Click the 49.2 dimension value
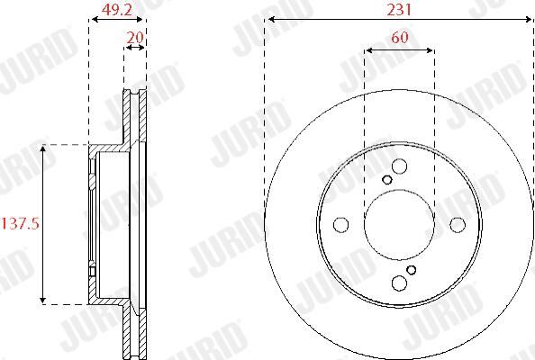pyautogui.click(x=117, y=10)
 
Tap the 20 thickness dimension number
pyautogui.click(x=135, y=37)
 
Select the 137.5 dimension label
pyautogui.click(x=21, y=224)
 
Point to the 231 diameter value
pyautogui.click(x=399, y=10)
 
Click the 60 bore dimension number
pyautogui.click(x=400, y=37)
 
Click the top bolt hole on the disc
pyautogui.click(x=399, y=166)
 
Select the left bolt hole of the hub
pyautogui.click(x=340, y=225)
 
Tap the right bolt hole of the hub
pyautogui.click(x=458, y=225)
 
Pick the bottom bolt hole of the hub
pyautogui.click(x=399, y=283)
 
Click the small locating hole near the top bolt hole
pyautogui.click(x=387, y=179)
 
